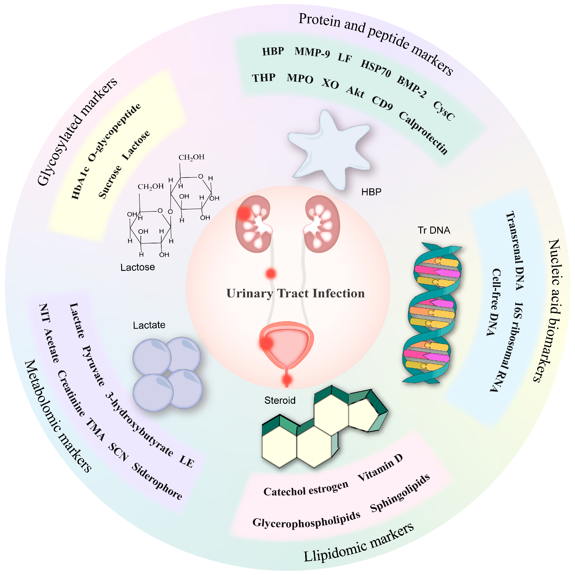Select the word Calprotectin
pos(423,133)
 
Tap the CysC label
pos(443,111)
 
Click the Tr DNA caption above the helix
pos(434,230)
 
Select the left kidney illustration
pos(253,223)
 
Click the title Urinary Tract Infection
pos(295,294)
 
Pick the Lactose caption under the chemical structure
pos(137,267)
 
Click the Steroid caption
pos(280,400)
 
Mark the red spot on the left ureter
pos(271,274)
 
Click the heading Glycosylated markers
pos(77,131)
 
